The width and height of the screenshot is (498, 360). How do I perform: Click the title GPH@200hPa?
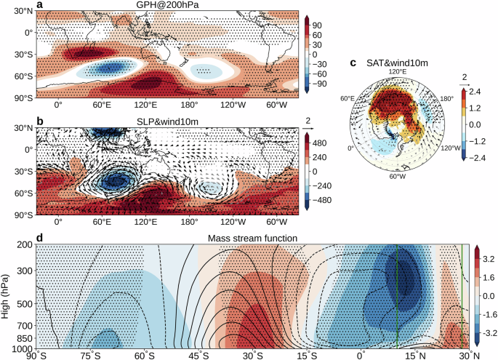coord(166,5)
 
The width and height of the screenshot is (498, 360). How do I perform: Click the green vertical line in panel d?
coord(398,298)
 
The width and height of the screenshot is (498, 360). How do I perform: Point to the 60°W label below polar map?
coord(396,175)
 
